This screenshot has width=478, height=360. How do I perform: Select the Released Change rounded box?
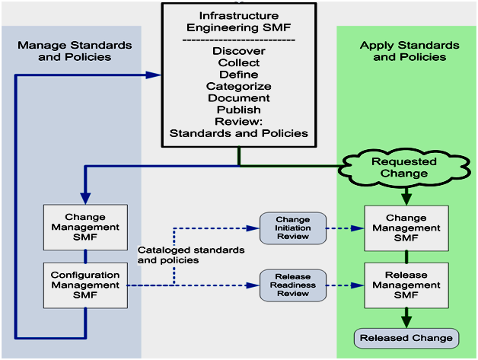406,337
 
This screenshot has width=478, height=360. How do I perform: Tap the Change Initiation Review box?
293,228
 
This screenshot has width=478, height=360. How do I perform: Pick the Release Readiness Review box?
293,285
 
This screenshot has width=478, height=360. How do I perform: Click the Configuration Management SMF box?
85,285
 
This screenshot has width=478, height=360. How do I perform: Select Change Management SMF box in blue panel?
85,227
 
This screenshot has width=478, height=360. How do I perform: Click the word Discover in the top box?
238,51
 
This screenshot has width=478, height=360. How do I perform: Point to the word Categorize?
238,87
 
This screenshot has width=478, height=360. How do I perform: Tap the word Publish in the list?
238,110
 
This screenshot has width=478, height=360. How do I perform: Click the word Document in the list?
238,98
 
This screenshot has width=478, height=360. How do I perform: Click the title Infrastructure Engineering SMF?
238,21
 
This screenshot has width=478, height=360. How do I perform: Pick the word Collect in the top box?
238,63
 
